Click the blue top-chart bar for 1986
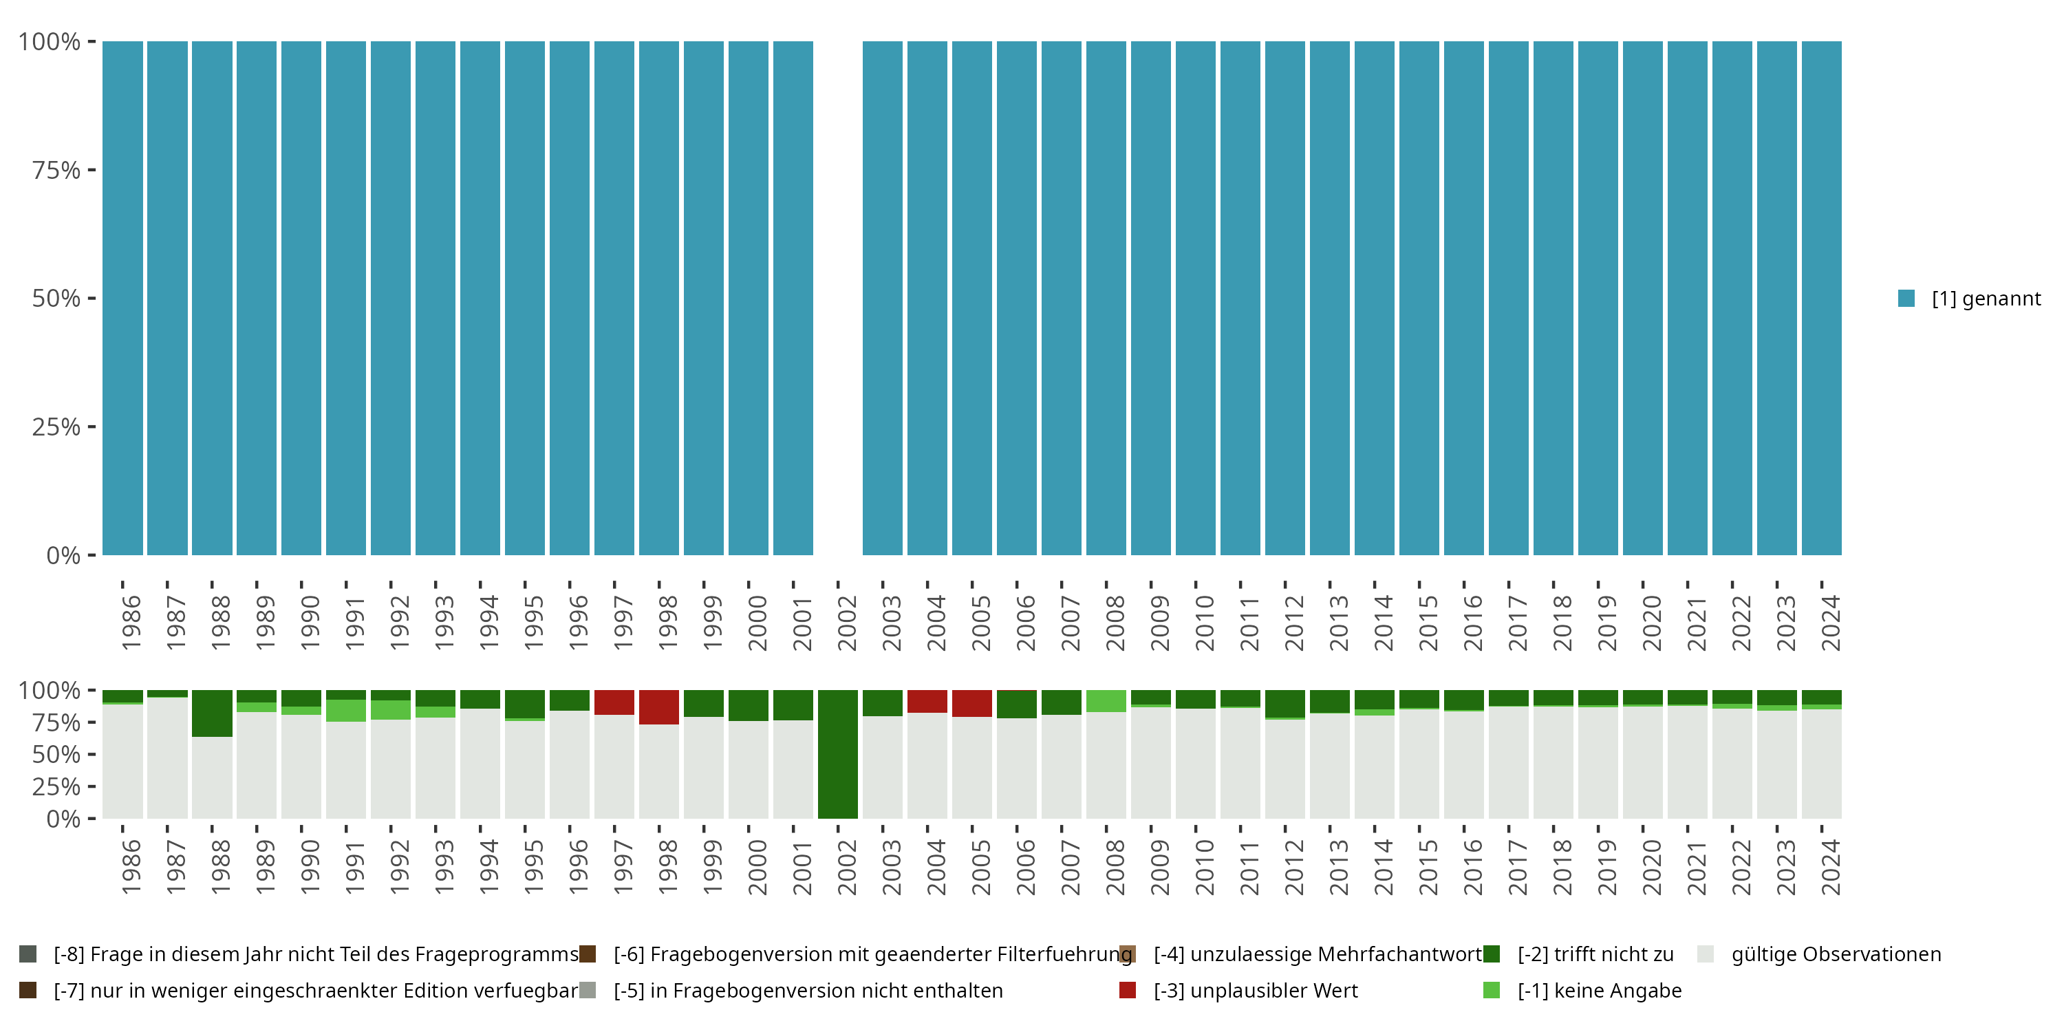point(122,298)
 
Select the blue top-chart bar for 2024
point(1821,298)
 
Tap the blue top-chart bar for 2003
point(882,298)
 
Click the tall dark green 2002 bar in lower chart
point(837,754)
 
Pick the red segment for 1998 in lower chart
point(658,707)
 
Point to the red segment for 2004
point(927,701)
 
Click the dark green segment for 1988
point(211,713)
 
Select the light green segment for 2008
point(1106,701)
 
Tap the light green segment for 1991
point(346,711)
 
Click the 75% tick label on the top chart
point(56,170)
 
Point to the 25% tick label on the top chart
point(56,427)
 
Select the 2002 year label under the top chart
point(847,623)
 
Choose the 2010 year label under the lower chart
point(1204,867)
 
